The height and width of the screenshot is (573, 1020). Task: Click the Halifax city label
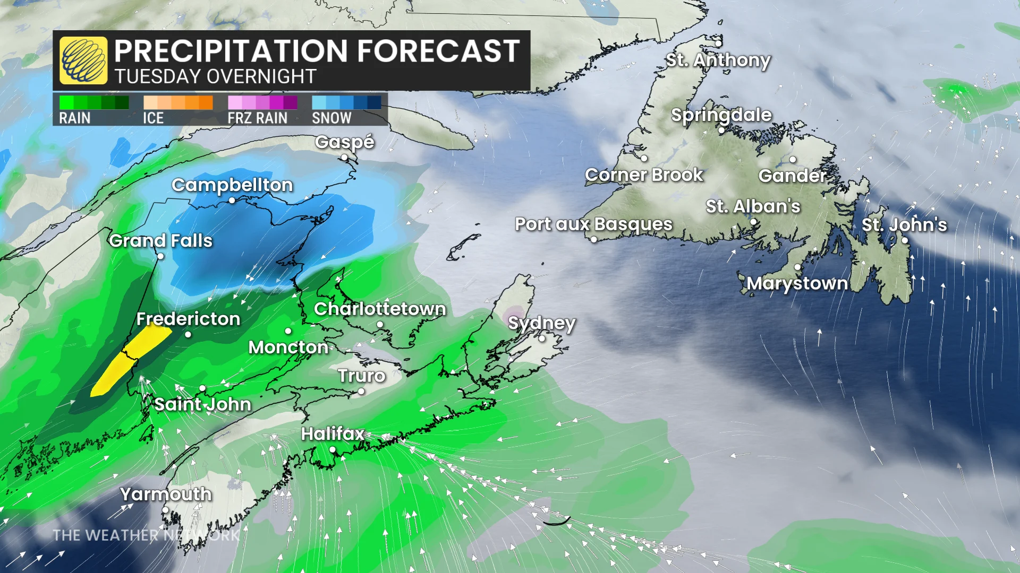[333, 433]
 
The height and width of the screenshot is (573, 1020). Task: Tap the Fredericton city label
[188, 318]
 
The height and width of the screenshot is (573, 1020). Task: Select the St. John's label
[904, 224]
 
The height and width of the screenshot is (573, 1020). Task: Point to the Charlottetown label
[380, 308]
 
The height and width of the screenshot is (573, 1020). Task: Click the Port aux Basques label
[593, 224]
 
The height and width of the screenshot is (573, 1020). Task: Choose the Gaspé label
[344, 142]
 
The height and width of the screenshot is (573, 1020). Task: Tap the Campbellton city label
[232, 185]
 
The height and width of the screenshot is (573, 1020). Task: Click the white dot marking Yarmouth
[165, 510]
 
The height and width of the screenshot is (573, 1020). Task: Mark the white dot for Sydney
[542, 338]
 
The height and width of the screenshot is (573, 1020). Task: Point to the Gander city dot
[793, 159]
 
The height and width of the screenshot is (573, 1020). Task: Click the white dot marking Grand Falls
[160, 256]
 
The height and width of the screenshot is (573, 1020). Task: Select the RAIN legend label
[75, 118]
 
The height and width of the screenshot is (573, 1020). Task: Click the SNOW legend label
[331, 118]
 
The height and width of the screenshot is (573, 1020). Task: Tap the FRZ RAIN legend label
[258, 118]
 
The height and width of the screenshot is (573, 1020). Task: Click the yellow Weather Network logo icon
[83, 60]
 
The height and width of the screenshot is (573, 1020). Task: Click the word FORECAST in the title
[438, 51]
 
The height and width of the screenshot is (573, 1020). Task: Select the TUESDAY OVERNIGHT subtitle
[216, 76]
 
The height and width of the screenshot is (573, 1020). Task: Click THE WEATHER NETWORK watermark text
[146, 535]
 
